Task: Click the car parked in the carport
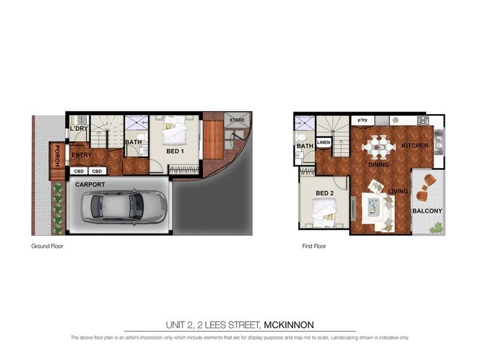(124, 206)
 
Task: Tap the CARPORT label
(90, 185)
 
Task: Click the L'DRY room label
(79, 129)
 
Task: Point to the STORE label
(236, 120)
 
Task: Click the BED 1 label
(175, 152)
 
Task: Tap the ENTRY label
(81, 155)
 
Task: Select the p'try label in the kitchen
(362, 120)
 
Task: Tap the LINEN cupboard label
(323, 142)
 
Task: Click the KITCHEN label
(415, 146)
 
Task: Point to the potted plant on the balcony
(436, 227)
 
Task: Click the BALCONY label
(427, 211)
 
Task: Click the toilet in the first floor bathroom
(301, 137)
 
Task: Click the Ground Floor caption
(47, 246)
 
